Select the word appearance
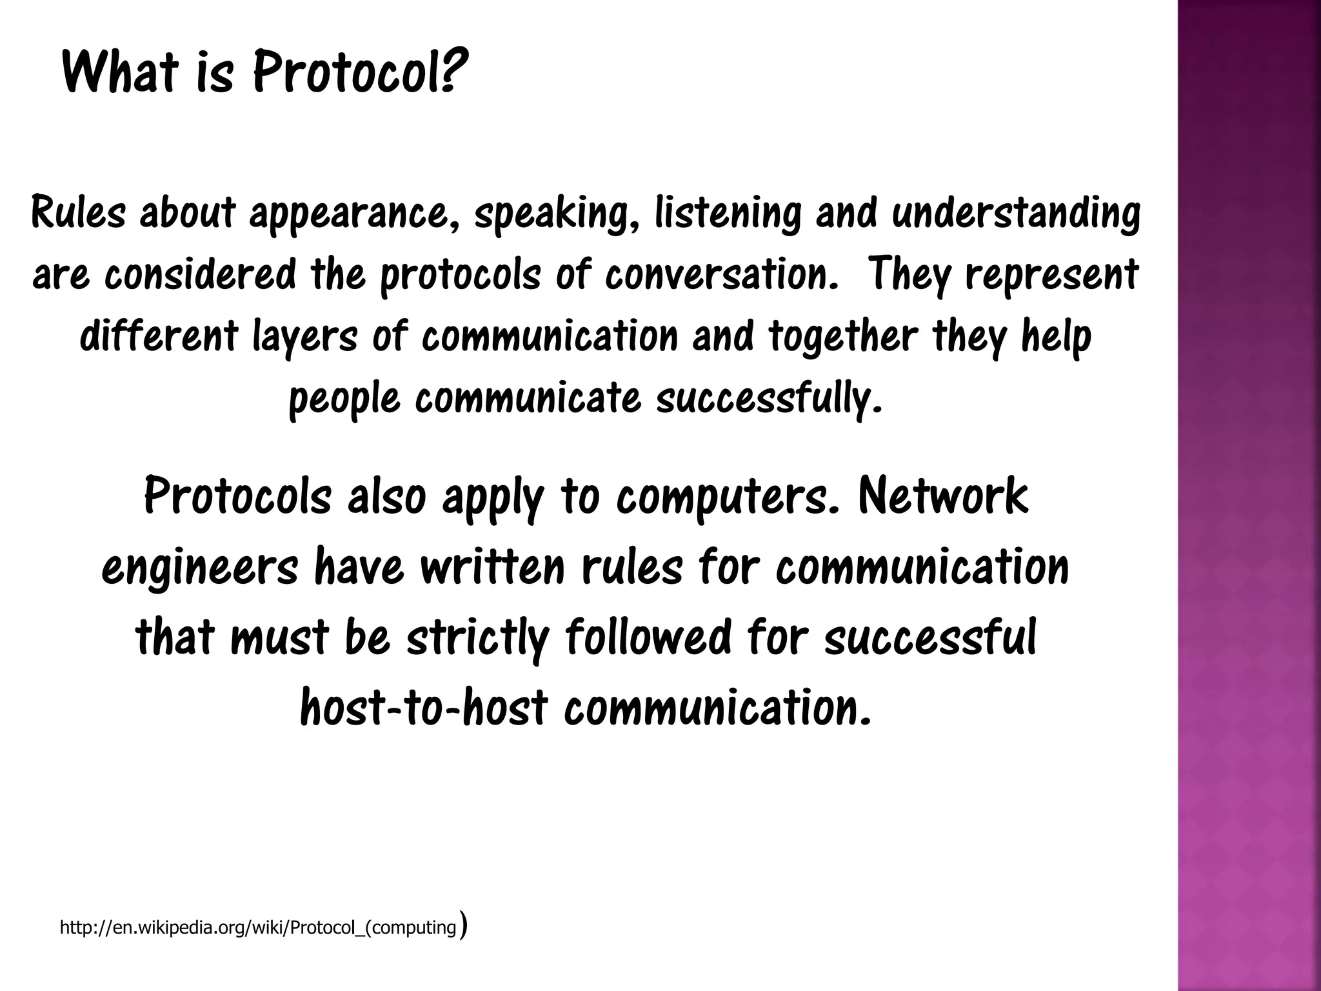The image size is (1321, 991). pos(349,214)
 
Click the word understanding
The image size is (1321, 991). pos(1016,214)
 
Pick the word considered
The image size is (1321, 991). pos(200,274)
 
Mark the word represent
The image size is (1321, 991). pos(1051,274)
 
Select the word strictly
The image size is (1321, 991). pos(477,637)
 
